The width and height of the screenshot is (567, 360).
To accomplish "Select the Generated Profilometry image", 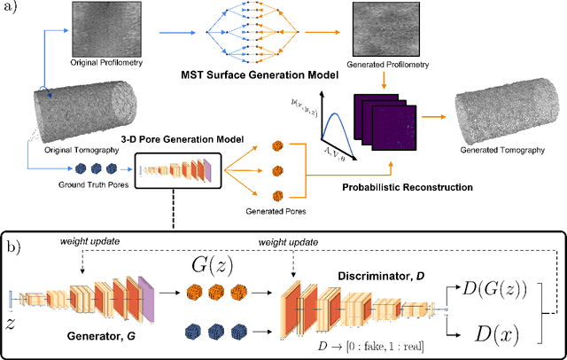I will click(386, 30).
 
